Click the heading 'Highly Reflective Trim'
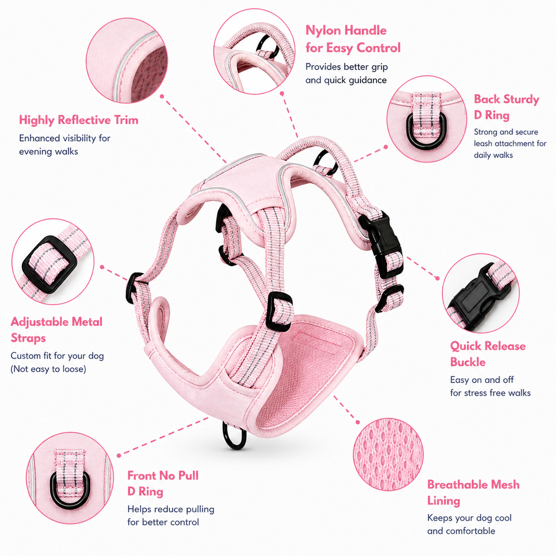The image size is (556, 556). tap(78, 120)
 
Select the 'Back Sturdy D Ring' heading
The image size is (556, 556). tap(507, 107)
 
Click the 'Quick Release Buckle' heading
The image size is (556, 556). tap(488, 354)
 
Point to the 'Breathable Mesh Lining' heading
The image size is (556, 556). tap(473, 492)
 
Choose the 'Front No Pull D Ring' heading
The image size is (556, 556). tap(163, 483)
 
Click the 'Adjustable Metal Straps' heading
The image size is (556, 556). tap(56, 330)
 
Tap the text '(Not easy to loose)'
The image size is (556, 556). tap(48, 369)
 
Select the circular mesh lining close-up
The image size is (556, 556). tap(388, 454)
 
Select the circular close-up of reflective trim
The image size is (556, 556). tap(127, 61)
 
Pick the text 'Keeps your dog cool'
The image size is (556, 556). tap(469, 517)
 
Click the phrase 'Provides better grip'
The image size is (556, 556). tap(346, 67)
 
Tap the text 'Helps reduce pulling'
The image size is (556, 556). tap(170, 509)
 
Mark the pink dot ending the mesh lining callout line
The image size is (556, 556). tap(357, 422)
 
